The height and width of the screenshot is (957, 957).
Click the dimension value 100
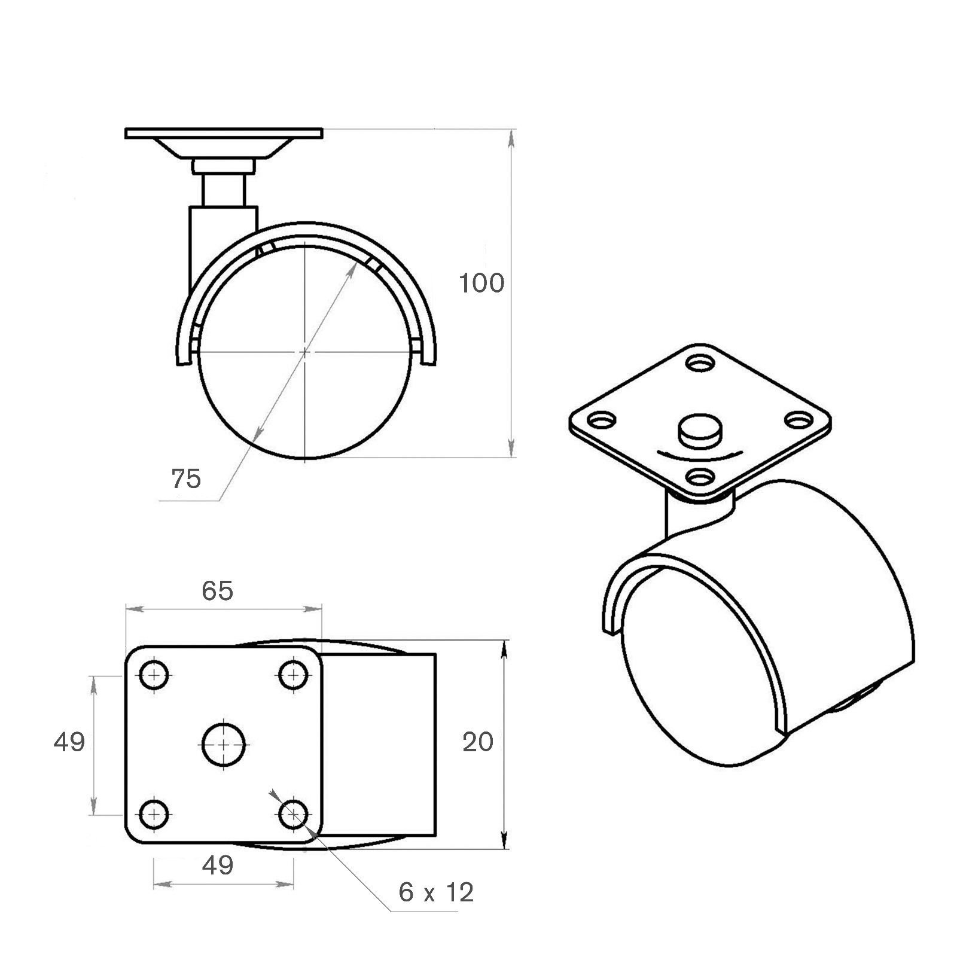pyautogui.click(x=481, y=283)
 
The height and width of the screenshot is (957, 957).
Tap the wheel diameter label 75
pyautogui.click(x=187, y=478)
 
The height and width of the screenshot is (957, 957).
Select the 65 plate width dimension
pyautogui.click(x=217, y=590)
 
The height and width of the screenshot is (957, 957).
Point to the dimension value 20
pyautogui.click(x=478, y=742)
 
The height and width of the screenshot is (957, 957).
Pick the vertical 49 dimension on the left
pyautogui.click(x=69, y=742)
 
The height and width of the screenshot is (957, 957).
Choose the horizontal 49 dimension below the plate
pyautogui.click(x=218, y=865)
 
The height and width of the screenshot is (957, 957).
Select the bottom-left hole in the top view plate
pyautogui.click(x=154, y=813)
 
